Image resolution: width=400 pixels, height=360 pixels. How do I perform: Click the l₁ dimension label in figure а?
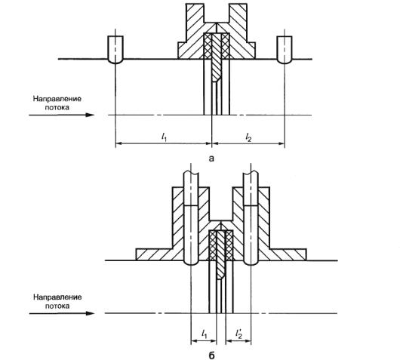(165, 137)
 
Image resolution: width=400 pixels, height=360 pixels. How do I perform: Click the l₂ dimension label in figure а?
(248, 137)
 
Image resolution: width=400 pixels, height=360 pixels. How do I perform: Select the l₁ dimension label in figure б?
(204, 334)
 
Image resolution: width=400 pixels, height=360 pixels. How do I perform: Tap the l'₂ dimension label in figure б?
(238, 334)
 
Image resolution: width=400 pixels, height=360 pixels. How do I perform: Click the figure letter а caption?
(211, 158)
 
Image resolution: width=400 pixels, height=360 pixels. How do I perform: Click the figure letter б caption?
(212, 355)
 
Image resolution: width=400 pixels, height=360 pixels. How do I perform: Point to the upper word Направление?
(57, 99)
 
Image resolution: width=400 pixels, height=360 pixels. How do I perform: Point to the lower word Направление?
(57, 297)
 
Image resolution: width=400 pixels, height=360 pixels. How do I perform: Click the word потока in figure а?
(57, 107)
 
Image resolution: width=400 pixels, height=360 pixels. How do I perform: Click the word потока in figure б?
(57, 306)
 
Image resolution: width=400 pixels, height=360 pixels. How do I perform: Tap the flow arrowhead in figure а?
(90, 115)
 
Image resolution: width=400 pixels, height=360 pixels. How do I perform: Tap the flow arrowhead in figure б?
(90, 313)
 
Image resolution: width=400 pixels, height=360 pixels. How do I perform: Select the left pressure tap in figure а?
(115, 50)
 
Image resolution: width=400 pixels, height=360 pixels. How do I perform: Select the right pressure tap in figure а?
(285, 50)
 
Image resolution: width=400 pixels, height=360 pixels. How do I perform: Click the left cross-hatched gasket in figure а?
(208, 46)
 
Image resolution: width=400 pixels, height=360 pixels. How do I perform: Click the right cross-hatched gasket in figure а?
(225, 46)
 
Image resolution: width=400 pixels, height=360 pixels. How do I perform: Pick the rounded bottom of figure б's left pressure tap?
(191, 263)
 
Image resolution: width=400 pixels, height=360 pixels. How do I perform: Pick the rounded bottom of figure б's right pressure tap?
(251, 263)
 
